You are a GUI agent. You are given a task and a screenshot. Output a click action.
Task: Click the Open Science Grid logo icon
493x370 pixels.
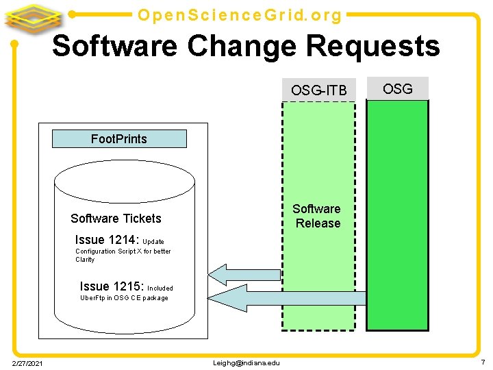[34, 17]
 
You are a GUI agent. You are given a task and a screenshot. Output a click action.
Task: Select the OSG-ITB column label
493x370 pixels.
[318, 90]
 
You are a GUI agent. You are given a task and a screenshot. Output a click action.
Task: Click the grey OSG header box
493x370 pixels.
[397, 88]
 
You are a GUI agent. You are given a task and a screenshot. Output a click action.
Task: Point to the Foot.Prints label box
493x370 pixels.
[119, 139]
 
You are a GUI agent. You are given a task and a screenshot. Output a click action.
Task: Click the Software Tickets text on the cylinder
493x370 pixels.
[116, 219]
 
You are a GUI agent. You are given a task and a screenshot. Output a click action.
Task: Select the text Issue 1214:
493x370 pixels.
[107, 240]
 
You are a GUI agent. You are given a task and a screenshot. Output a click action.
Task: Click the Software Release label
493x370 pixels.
[317, 216]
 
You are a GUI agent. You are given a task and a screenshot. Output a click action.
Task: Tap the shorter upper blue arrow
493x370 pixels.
[244, 274]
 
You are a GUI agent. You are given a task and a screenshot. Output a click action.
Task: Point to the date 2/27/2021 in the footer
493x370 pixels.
[27, 362]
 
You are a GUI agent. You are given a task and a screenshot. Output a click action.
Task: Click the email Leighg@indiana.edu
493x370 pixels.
[247, 362]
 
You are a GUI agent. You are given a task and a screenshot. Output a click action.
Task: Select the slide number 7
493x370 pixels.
[482, 361]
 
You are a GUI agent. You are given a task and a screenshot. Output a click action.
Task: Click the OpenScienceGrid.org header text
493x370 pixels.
[240, 14]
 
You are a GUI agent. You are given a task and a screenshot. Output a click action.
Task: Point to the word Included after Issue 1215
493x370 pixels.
[160, 288]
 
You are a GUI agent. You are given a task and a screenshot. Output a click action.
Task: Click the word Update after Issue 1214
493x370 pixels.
[153, 242]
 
